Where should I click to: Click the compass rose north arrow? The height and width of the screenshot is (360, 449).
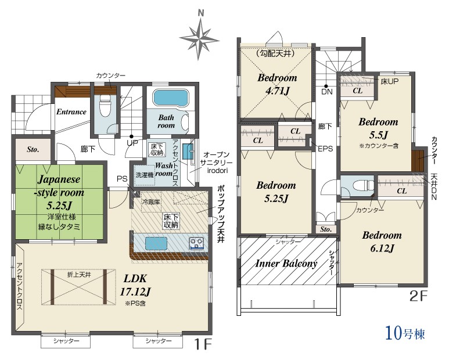[200, 36]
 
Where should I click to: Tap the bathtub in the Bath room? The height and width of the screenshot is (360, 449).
[170, 98]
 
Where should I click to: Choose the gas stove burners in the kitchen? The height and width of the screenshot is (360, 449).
[196, 243]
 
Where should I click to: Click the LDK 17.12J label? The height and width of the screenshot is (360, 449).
[135, 285]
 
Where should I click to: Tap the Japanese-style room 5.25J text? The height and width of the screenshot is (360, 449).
[59, 192]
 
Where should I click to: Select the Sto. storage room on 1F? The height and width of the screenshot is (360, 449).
[33, 150]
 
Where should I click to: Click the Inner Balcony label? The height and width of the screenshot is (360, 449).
[286, 263]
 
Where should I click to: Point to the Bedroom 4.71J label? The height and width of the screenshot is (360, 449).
[277, 84]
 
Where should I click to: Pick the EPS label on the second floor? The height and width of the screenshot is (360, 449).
[326, 149]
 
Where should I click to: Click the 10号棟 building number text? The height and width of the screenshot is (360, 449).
[405, 333]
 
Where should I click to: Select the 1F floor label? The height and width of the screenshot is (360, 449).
[203, 344]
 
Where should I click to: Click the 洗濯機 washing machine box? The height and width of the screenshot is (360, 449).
[145, 175]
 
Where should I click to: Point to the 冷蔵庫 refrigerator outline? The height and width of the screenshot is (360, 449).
[150, 201]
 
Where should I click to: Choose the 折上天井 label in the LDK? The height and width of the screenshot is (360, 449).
[79, 275]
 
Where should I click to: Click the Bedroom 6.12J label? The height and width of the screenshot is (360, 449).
[382, 242]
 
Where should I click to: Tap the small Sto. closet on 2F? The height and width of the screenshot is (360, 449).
[326, 229]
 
